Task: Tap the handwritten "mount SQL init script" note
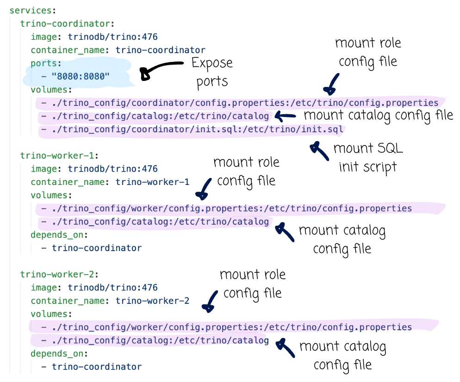(368, 157)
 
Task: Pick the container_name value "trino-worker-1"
(152, 182)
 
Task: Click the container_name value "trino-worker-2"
(152, 301)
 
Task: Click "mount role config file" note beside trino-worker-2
(253, 283)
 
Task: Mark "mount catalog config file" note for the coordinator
(378, 115)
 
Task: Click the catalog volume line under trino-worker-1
(155, 222)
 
